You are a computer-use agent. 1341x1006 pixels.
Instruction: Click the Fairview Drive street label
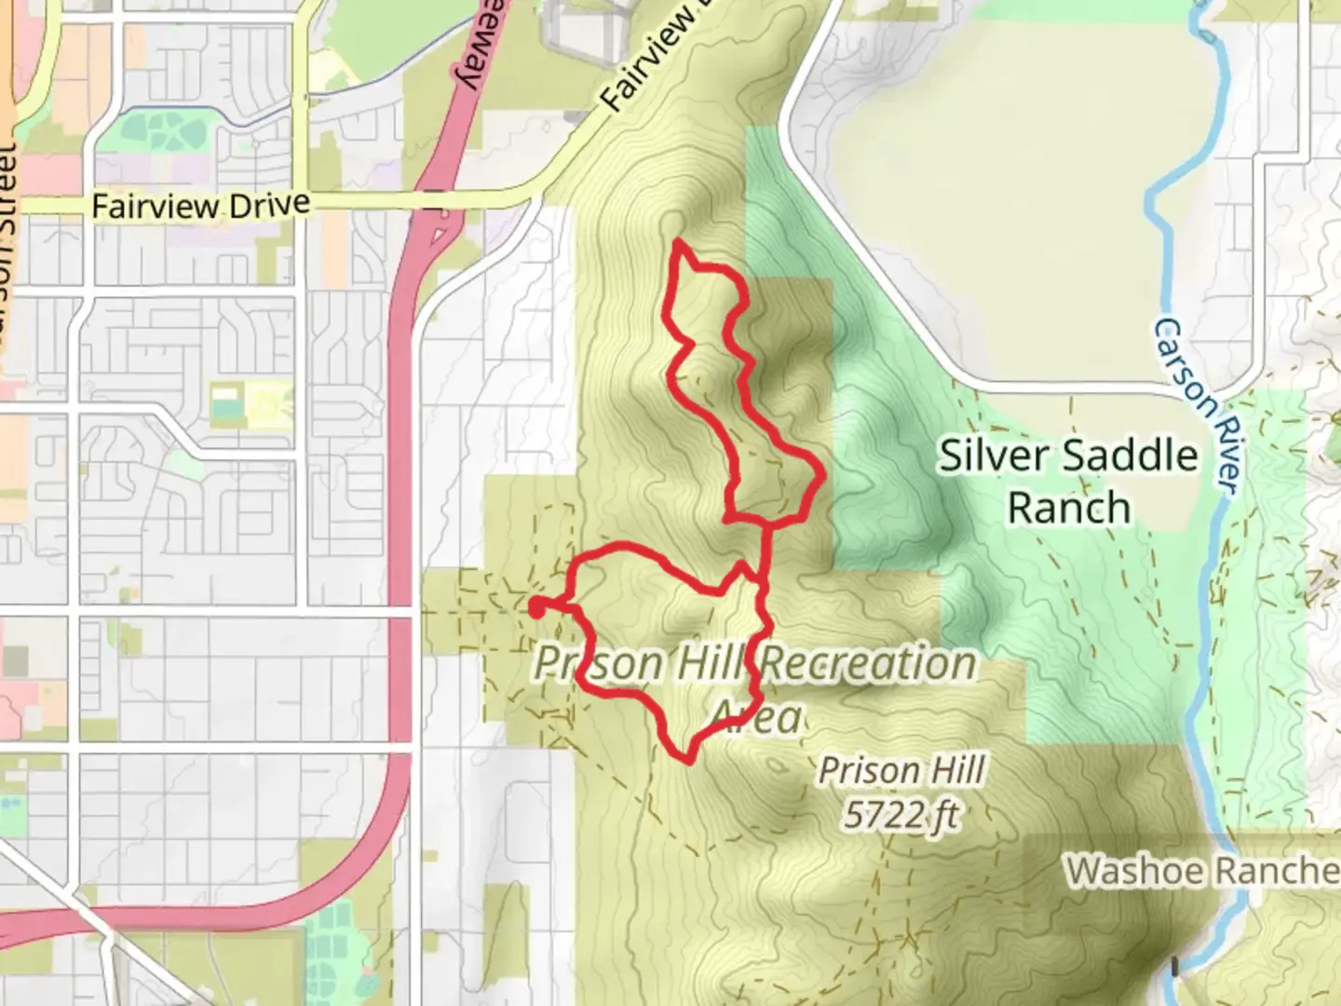click(x=200, y=205)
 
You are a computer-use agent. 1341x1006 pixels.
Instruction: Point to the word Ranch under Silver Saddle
click(x=1069, y=509)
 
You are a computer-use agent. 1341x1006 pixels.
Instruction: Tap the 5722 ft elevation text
click(x=901, y=815)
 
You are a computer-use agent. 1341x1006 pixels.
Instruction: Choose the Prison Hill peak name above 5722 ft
click(x=901, y=771)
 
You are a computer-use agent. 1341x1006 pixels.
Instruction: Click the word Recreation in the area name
click(x=868, y=663)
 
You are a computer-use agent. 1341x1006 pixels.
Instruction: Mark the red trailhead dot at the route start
click(x=537, y=607)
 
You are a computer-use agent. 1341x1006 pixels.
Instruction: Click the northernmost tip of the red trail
click(x=677, y=241)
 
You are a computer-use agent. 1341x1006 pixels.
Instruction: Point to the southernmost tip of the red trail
click(x=687, y=761)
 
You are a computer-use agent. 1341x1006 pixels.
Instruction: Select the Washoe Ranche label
click(x=1201, y=871)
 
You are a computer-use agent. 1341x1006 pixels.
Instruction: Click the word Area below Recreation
click(x=756, y=717)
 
